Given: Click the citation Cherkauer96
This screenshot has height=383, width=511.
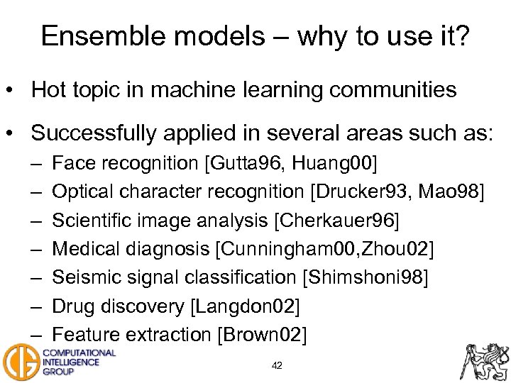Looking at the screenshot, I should point(336,221).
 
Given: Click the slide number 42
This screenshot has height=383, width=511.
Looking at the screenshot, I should point(277,365).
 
